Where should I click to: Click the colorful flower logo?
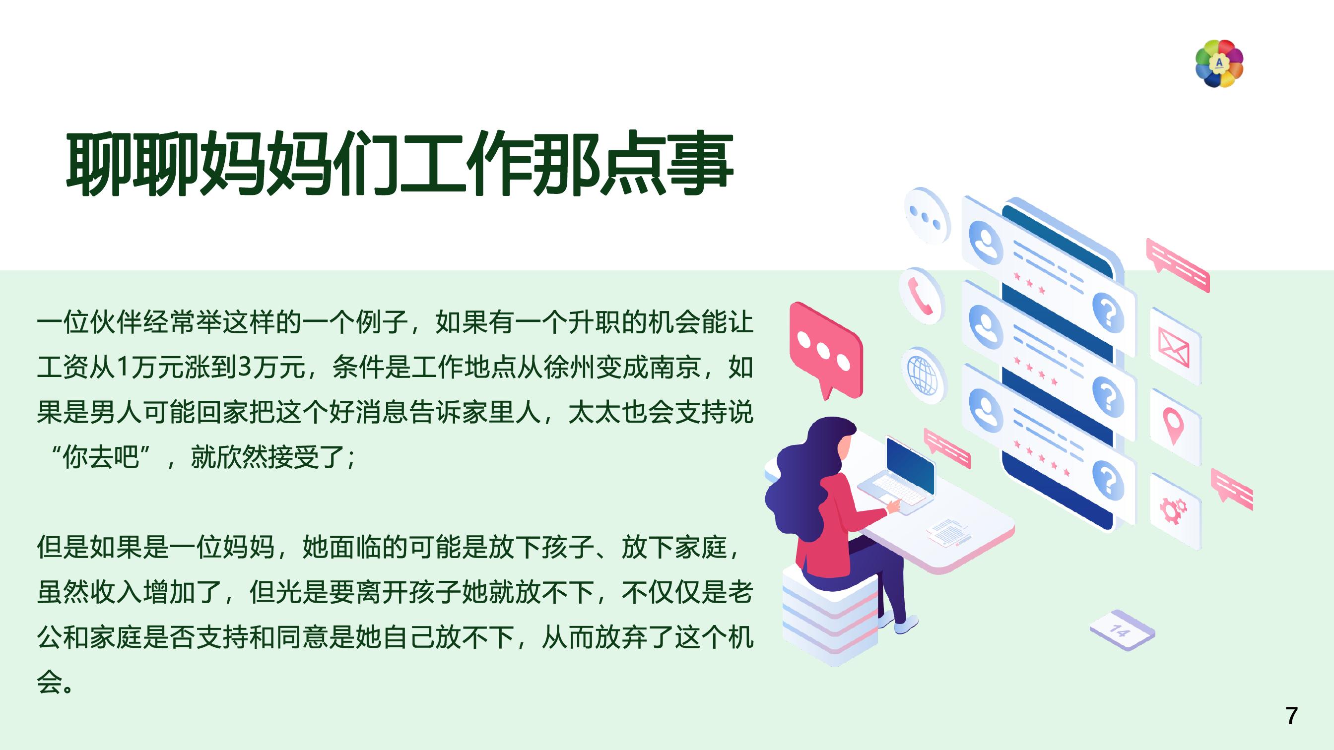tap(1219, 63)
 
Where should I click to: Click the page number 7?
tap(1291, 716)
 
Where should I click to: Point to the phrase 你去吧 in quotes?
tap(100, 457)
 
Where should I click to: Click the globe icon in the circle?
tap(922, 374)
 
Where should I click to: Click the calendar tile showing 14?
tap(1122, 630)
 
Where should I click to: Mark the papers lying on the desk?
tap(948, 531)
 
